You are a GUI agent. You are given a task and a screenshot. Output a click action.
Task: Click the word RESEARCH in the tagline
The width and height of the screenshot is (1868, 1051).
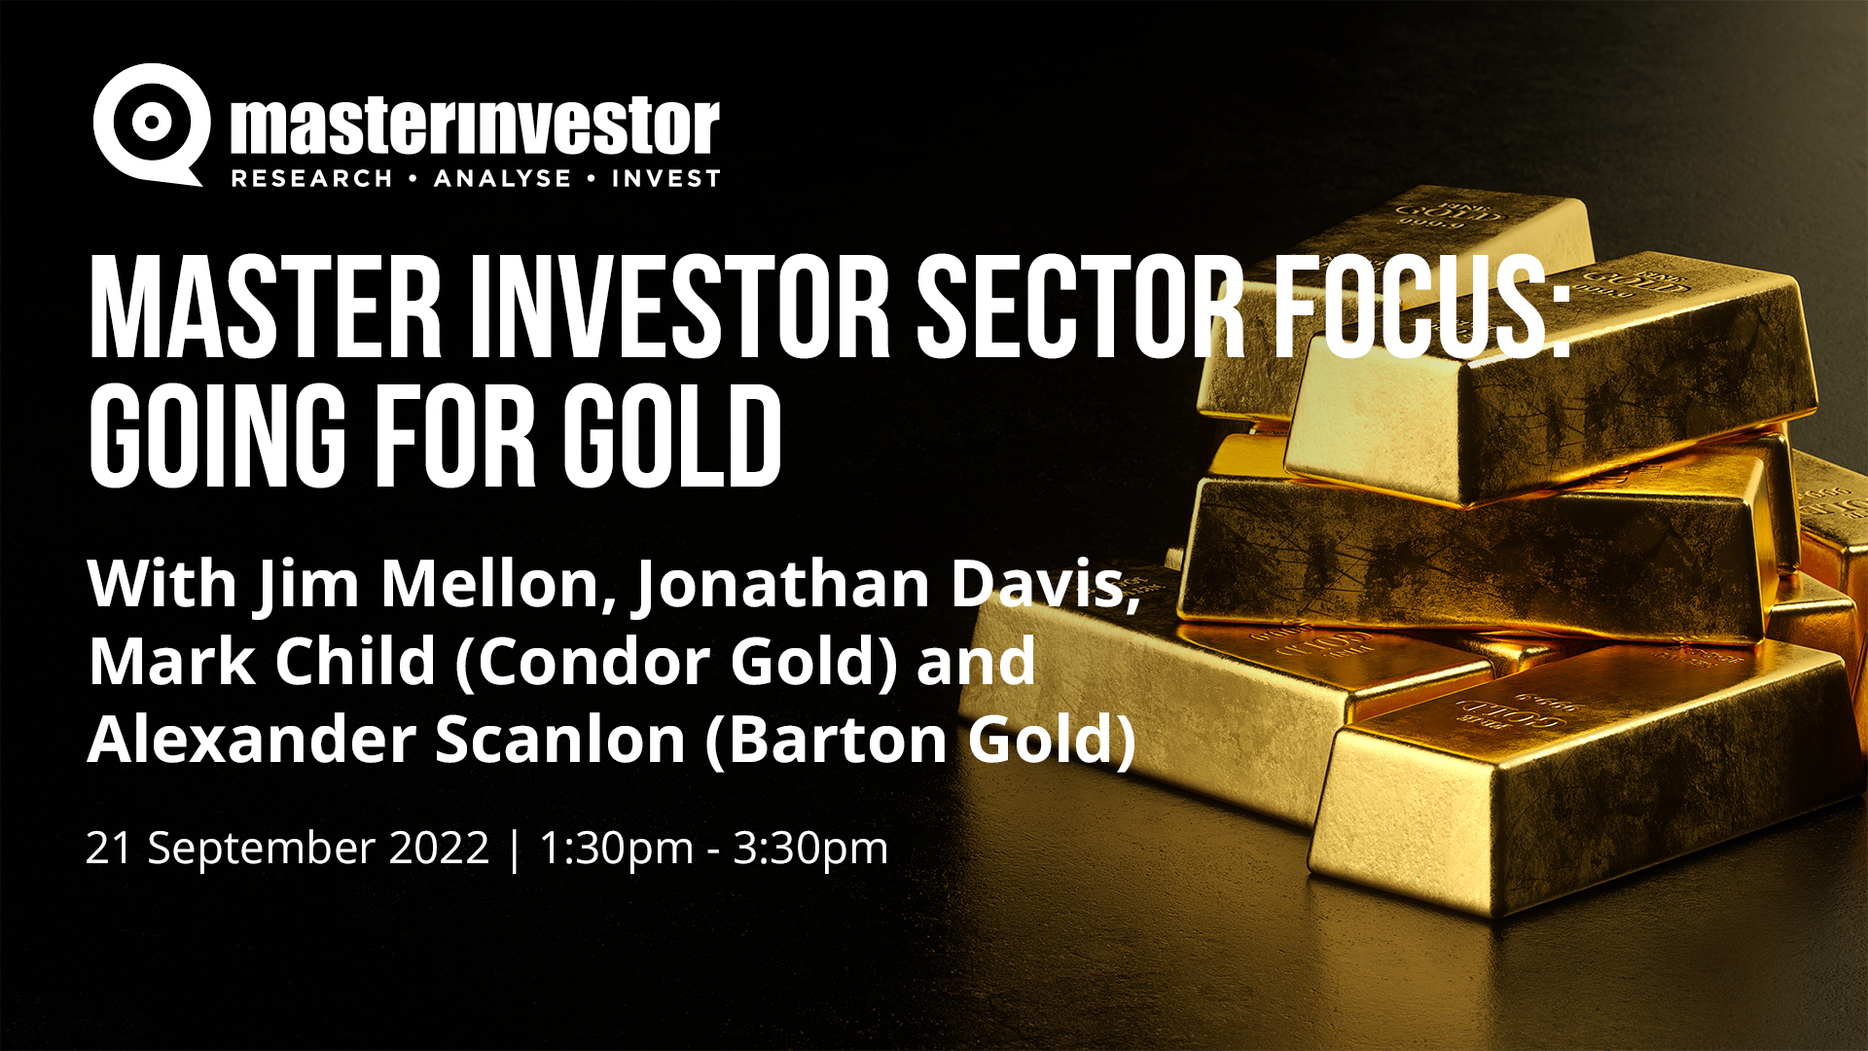[311, 179]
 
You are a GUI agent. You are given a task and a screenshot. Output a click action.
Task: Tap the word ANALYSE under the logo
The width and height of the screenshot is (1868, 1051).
[502, 179]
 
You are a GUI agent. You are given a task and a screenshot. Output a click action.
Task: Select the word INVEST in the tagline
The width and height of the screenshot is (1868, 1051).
[665, 179]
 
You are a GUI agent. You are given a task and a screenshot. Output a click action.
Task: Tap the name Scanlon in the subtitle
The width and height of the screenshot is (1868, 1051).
[560, 740]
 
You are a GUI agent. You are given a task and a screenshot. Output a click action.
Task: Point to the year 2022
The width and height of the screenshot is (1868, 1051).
[439, 848]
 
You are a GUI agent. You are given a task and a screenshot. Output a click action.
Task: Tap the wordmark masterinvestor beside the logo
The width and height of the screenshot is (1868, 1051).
[475, 127]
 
